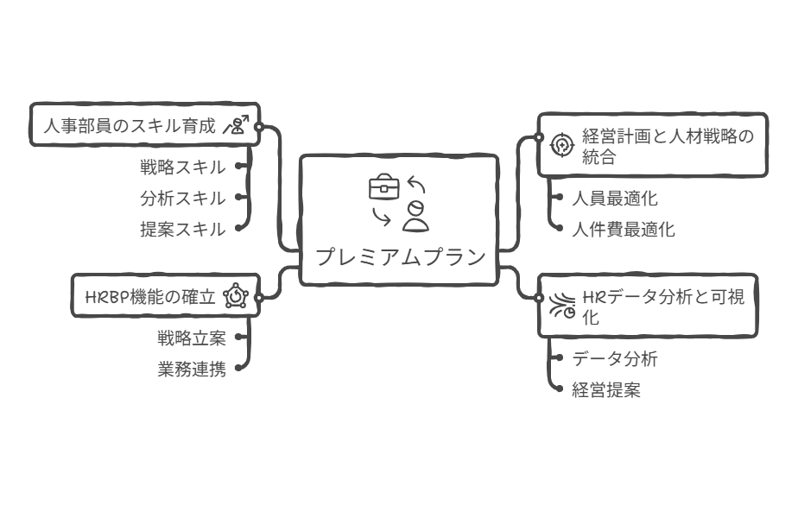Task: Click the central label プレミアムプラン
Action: click(x=399, y=256)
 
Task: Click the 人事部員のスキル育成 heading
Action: click(x=130, y=126)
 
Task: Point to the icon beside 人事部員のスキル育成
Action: click(x=236, y=126)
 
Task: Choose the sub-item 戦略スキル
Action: click(x=182, y=167)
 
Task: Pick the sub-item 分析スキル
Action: click(x=182, y=198)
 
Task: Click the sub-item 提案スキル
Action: click(x=182, y=229)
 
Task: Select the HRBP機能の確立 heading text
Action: click(x=150, y=297)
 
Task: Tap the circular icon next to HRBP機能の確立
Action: click(x=236, y=297)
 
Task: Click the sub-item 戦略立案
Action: click(x=191, y=338)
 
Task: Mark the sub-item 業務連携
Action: click(x=191, y=369)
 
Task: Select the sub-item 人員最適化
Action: click(x=615, y=199)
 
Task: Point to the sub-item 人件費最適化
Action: click(x=624, y=230)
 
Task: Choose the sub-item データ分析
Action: click(x=615, y=358)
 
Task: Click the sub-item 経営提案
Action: click(x=606, y=389)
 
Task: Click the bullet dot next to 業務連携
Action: click(x=238, y=369)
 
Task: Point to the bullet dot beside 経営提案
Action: click(x=559, y=389)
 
